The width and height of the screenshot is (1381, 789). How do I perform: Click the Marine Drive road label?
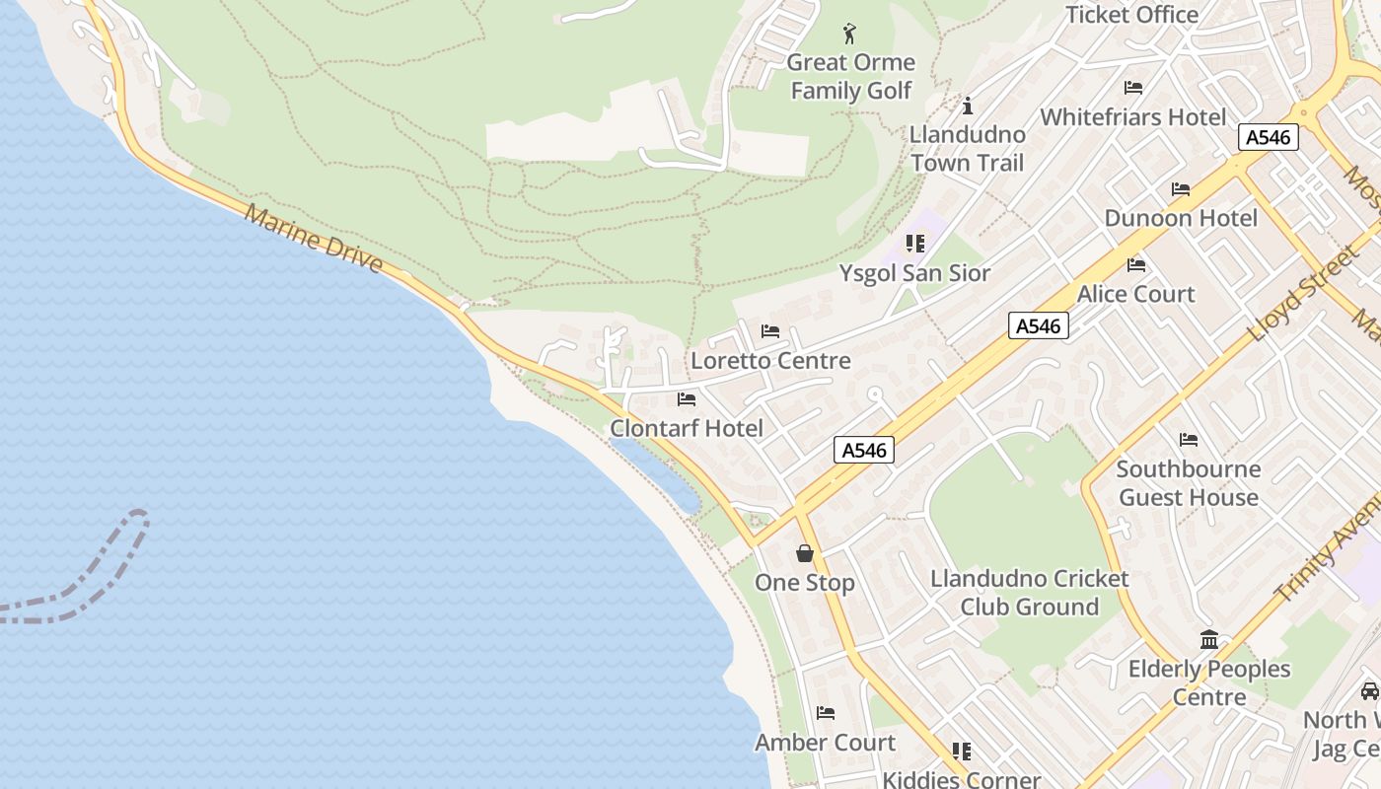click(314, 240)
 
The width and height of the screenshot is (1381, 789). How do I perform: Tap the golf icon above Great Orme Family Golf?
click(849, 35)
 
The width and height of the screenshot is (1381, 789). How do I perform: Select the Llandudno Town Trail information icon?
click(968, 106)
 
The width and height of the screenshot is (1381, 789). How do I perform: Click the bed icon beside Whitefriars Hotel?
click(1133, 88)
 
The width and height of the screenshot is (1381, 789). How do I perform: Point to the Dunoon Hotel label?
click(1181, 218)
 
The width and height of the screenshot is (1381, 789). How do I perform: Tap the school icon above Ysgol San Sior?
click(914, 243)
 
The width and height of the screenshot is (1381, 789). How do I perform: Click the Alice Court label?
click(1135, 294)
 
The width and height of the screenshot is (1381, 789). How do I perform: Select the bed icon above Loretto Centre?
click(770, 331)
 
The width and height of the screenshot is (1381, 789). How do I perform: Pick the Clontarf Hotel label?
click(687, 428)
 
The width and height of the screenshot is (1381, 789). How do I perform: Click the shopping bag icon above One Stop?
click(805, 553)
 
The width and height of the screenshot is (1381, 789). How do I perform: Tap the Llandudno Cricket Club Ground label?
click(1030, 592)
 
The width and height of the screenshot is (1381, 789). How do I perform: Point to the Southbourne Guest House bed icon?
click(1189, 440)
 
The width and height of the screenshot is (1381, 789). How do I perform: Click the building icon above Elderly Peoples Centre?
click(1209, 640)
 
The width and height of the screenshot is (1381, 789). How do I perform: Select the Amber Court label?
click(826, 742)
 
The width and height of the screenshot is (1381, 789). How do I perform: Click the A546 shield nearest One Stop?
click(864, 450)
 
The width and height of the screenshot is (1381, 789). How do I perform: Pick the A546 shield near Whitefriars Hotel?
click(1268, 137)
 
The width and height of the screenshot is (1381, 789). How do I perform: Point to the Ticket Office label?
click(1132, 14)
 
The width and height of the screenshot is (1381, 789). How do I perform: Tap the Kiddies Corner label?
click(961, 779)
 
